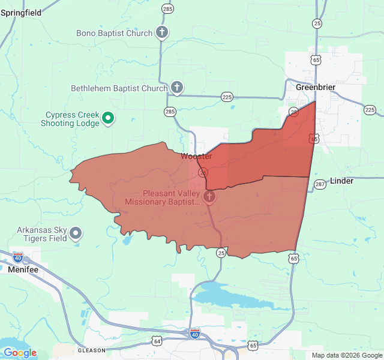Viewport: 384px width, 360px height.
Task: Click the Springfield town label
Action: point(21,12)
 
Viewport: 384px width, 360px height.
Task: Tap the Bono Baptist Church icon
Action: point(162,32)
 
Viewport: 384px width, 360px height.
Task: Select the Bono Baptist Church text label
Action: point(114,33)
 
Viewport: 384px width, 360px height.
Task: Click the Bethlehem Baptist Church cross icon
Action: point(176,88)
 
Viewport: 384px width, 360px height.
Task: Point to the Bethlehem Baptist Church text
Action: point(119,88)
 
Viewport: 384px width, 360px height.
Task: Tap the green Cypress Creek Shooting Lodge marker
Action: point(108,118)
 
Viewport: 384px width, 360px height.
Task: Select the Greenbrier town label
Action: point(316,87)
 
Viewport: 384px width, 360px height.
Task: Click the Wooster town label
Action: point(197,157)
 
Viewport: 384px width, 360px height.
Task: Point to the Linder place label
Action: point(341,181)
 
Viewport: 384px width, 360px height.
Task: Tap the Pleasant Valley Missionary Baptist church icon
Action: point(209,197)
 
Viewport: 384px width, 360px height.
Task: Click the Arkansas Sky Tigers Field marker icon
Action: point(76,233)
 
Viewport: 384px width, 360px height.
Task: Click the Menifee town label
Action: point(23,270)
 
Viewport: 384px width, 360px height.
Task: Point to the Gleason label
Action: point(92,350)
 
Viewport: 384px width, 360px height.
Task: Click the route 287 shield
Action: point(320,185)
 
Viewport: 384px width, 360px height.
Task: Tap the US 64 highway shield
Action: point(157,341)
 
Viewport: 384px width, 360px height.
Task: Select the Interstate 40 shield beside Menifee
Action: point(18,257)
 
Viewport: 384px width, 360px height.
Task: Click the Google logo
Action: point(20,353)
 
